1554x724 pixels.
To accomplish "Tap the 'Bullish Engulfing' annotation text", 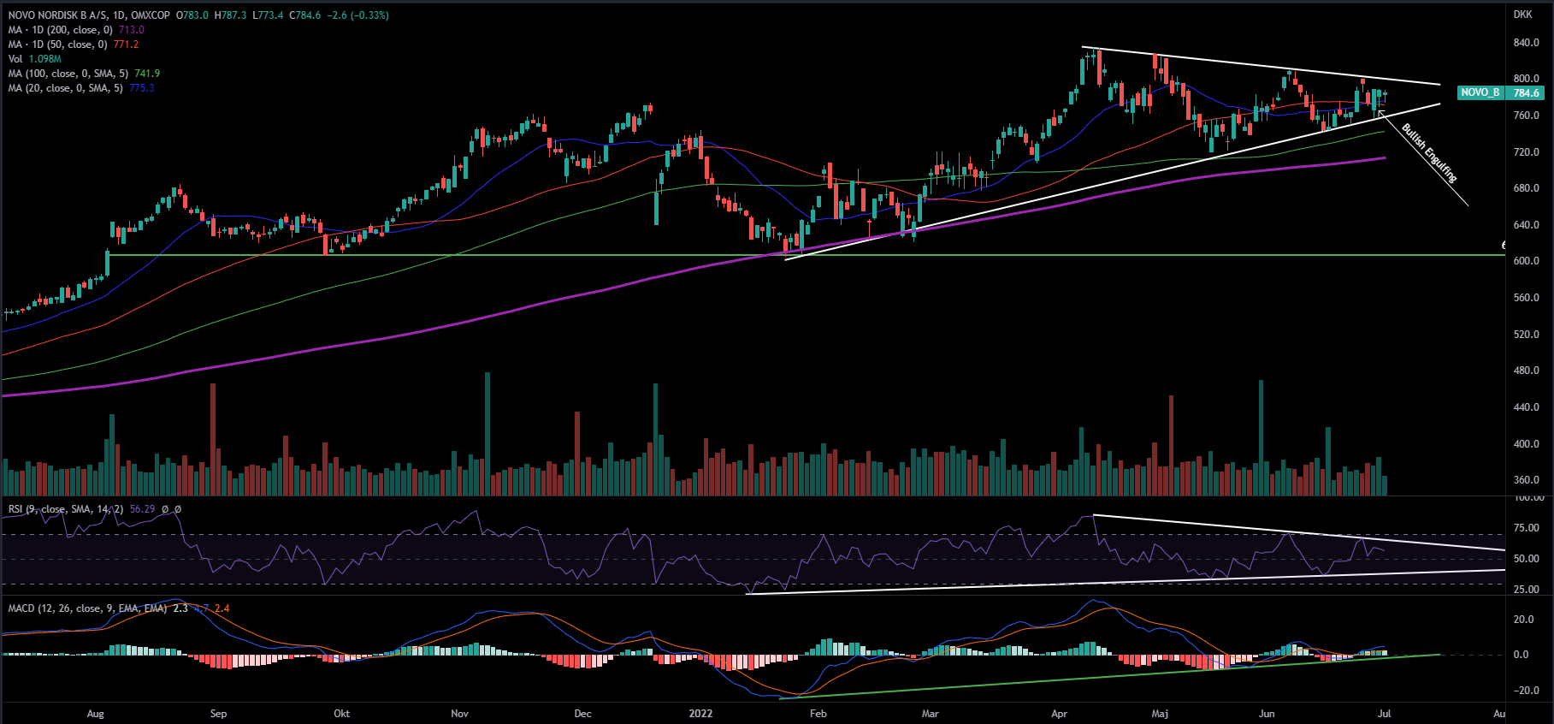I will click(1428, 153).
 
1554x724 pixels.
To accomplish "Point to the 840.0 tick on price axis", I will click(1526, 43).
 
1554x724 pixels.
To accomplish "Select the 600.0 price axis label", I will click(1526, 261).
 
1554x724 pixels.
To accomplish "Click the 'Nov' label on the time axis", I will click(459, 714).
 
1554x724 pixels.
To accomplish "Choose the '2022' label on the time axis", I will click(700, 714).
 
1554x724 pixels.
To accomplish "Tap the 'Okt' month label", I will click(341, 714).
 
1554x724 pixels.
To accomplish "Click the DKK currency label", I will click(1522, 15).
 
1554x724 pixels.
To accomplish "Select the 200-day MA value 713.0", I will click(132, 30).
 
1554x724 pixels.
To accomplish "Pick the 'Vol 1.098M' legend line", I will click(35, 59).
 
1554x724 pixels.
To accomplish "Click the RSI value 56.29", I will click(143, 509).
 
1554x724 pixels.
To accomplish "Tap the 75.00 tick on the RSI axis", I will click(1527, 528).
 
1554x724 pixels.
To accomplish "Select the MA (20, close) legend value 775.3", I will click(142, 88).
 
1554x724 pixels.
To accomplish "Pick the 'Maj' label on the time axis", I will click(1160, 714).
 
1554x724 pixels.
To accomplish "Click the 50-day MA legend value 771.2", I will click(126, 45).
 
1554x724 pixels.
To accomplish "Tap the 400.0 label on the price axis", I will click(1526, 444).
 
